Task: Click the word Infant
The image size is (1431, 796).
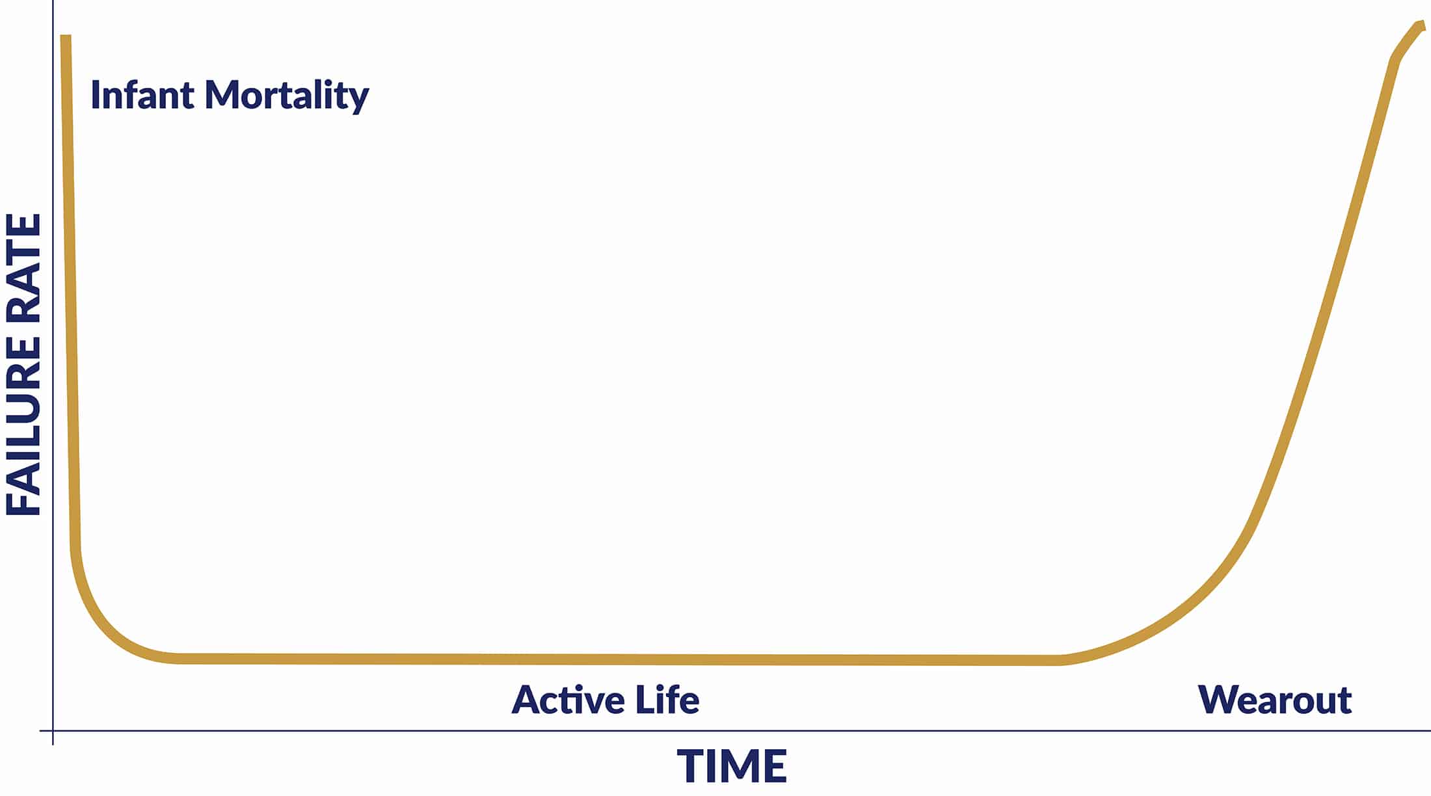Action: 142,95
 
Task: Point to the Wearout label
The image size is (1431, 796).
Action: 1274,700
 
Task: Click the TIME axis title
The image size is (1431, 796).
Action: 732,766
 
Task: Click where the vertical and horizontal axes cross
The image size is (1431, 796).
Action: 53,731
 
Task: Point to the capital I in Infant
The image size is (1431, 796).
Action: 95,95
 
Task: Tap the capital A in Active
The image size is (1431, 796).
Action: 528,700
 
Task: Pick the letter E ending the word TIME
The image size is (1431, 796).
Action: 774,766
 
